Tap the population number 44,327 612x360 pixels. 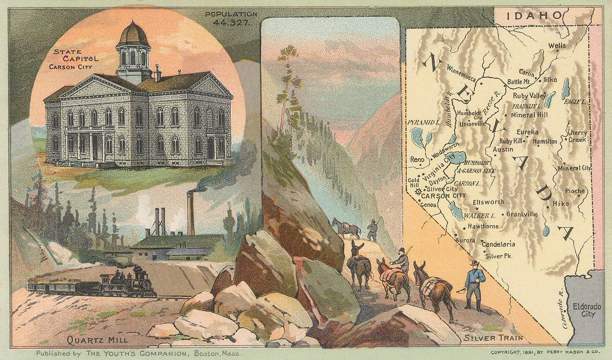pyautogui.click(x=231, y=21)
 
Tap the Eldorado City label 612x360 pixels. pyautogui.click(x=584, y=310)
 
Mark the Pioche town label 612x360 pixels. pyautogui.click(x=574, y=191)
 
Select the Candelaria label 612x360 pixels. pyautogui.click(x=498, y=245)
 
